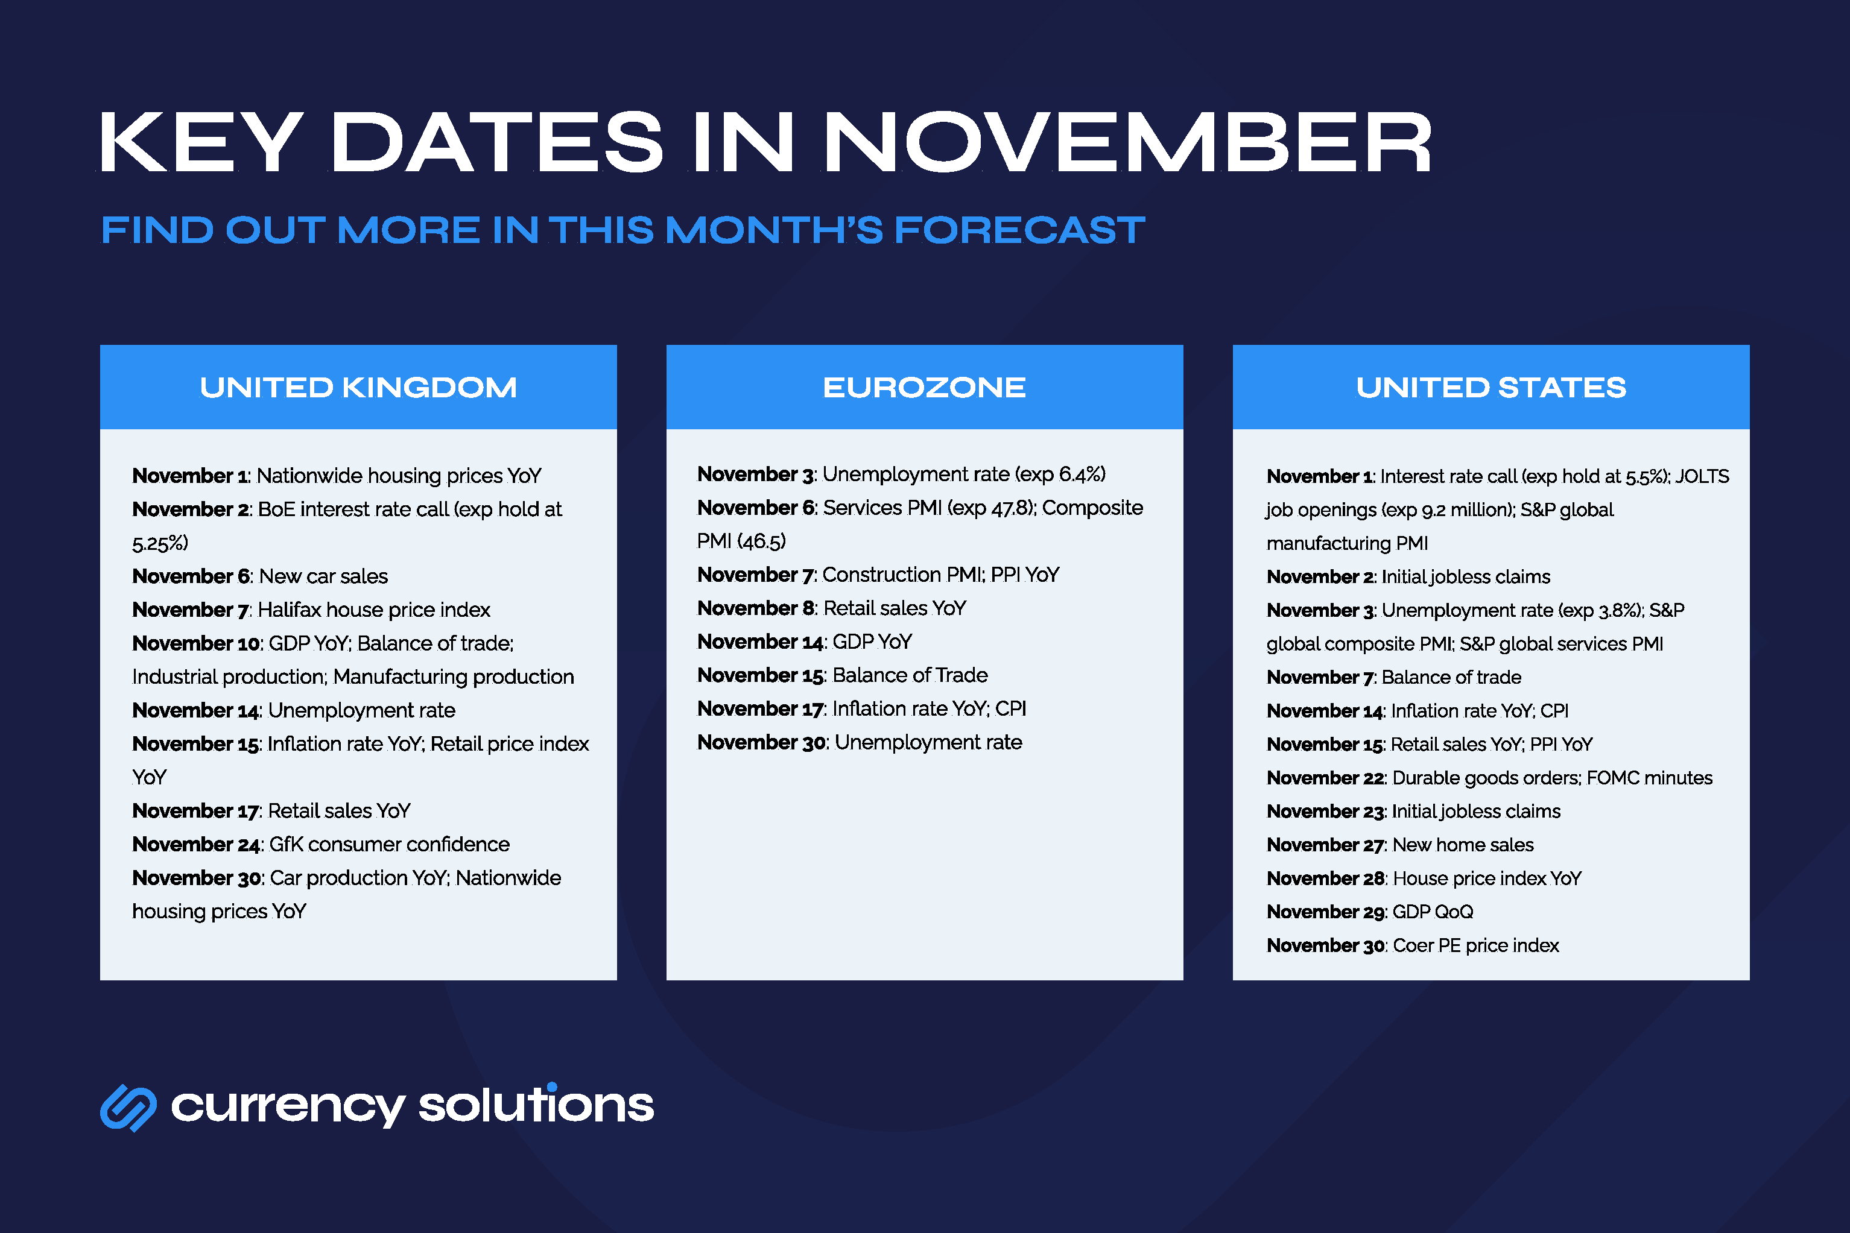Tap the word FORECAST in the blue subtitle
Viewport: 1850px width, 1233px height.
click(1019, 230)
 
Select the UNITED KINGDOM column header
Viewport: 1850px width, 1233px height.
click(358, 387)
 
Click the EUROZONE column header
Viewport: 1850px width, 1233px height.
click(924, 387)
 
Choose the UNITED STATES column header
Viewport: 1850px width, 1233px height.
click(1490, 387)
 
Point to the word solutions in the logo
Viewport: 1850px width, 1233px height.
click(536, 1105)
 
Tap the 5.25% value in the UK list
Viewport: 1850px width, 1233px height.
click(160, 543)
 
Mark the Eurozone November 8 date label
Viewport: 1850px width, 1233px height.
click(756, 608)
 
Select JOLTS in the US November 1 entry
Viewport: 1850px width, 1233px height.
click(1702, 476)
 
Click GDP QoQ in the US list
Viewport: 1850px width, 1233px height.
click(1433, 912)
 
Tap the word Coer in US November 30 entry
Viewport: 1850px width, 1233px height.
click(1413, 945)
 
